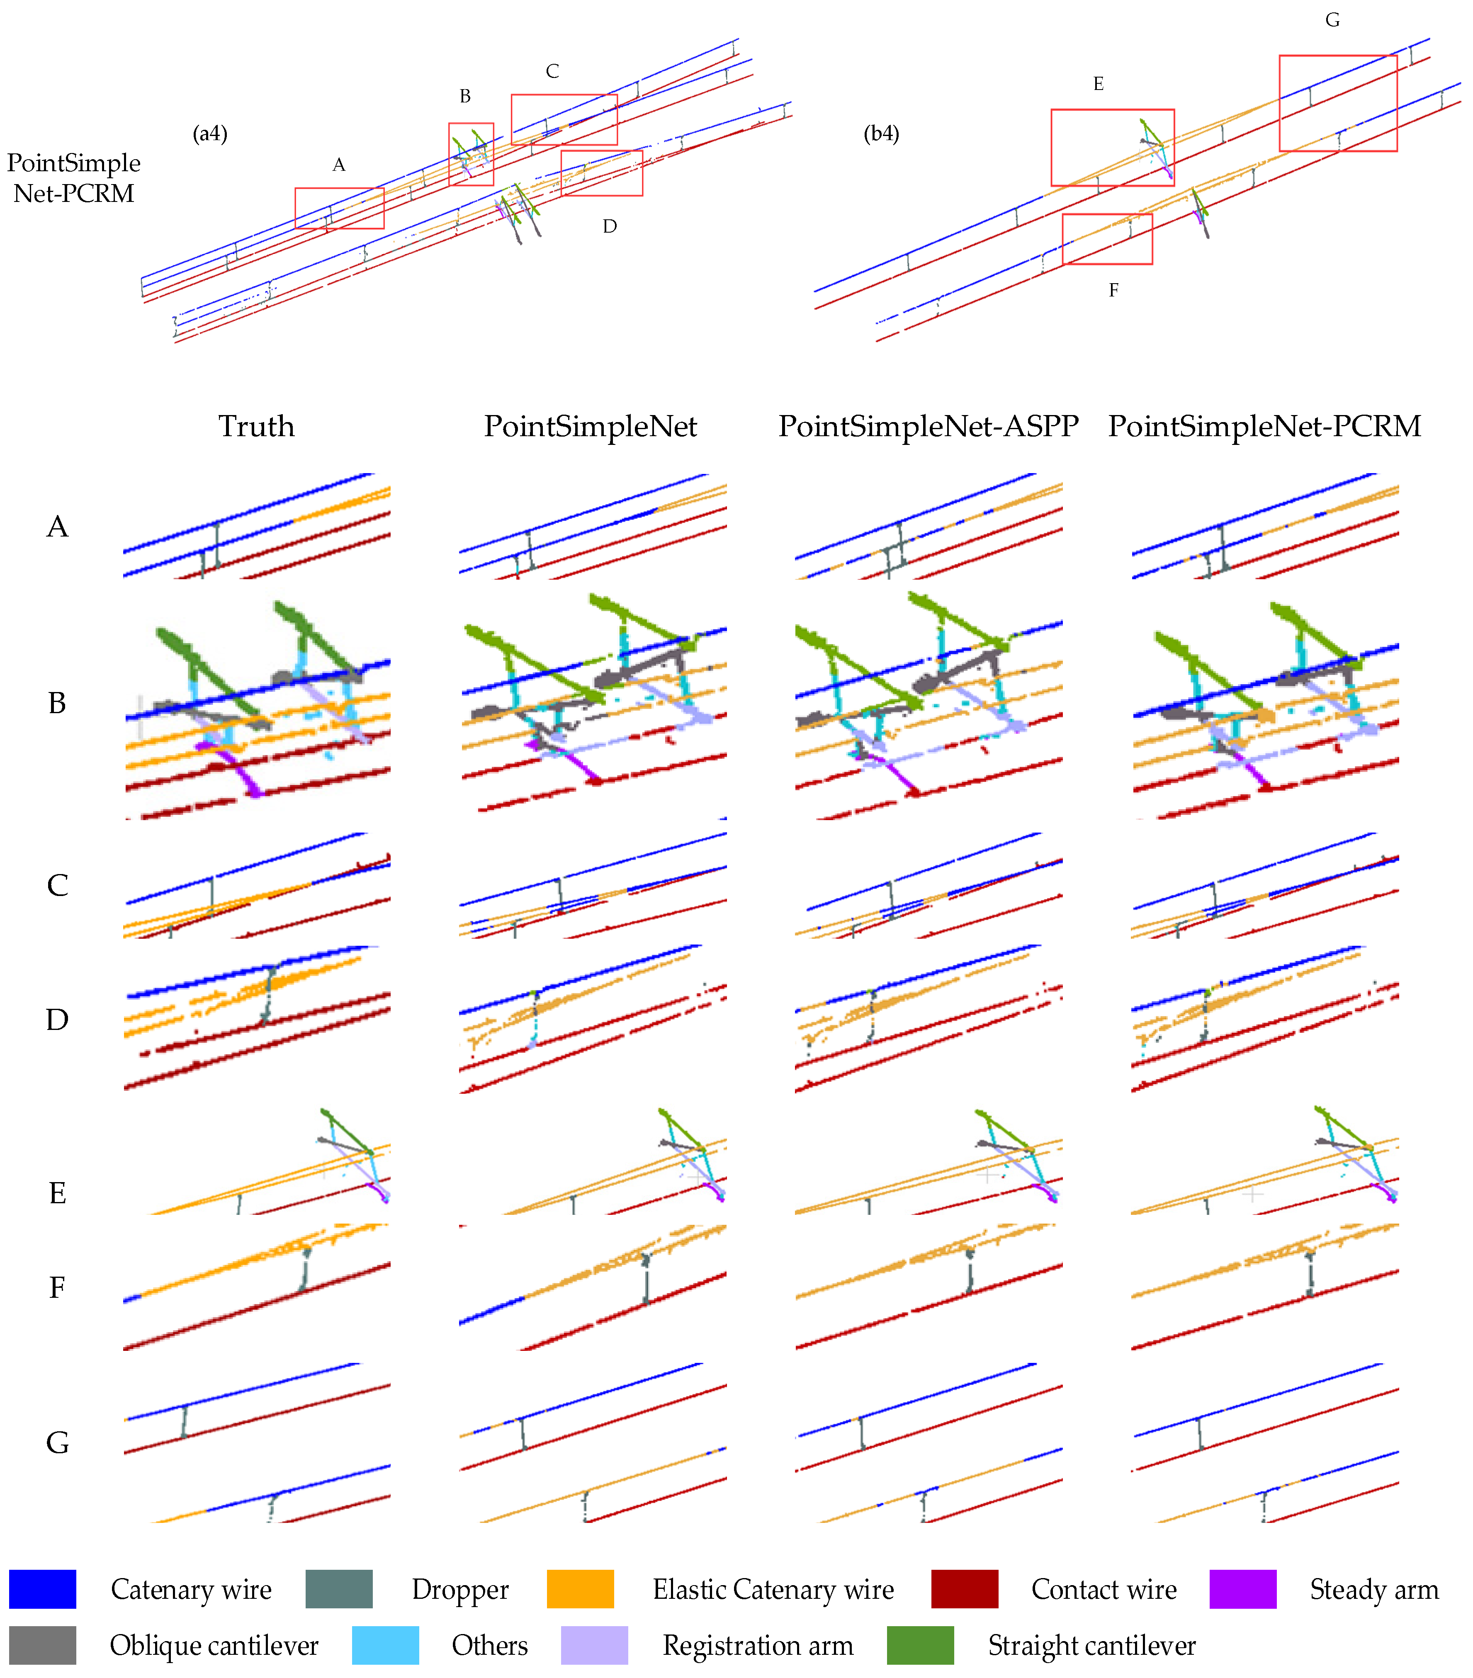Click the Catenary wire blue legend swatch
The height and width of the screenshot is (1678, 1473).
coord(43,1588)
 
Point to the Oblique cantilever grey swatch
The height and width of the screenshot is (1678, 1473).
coord(43,1644)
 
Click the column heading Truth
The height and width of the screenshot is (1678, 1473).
coord(256,426)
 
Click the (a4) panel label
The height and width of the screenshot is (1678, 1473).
coord(210,133)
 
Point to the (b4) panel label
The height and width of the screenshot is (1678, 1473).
coord(881,133)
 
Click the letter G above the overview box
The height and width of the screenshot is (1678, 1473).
coord(1332,20)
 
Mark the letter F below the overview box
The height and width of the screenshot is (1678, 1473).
coord(1113,290)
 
